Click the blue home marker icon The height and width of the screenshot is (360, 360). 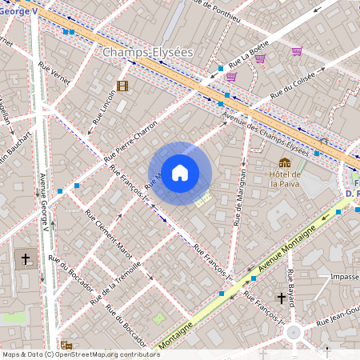pyautogui.click(x=180, y=173)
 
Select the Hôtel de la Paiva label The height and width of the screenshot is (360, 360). pyautogui.click(x=285, y=178)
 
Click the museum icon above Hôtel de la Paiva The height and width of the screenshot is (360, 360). pyautogui.click(x=285, y=162)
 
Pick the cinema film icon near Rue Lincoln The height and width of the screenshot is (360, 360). pyautogui.click(x=122, y=86)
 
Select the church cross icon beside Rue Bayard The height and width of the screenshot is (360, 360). pyautogui.click(x=281, y=298)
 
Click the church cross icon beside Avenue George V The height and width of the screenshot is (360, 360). pyautogui.click(x=26, y=259)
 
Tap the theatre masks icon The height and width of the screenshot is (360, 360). pyautogui.click(x=66, y=346)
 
